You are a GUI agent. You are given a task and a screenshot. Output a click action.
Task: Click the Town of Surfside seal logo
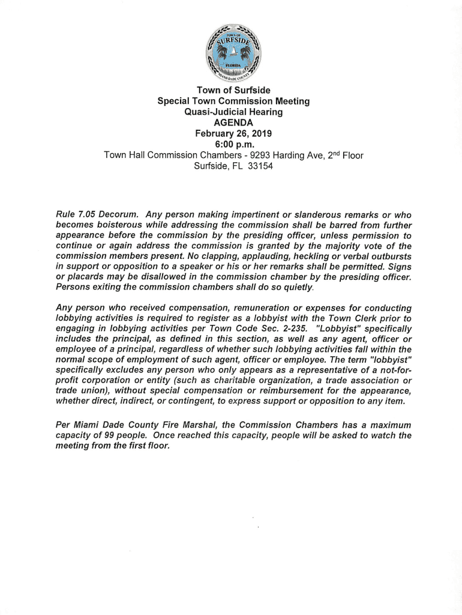[233, 55]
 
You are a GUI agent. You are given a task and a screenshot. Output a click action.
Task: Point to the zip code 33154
[260, 166]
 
